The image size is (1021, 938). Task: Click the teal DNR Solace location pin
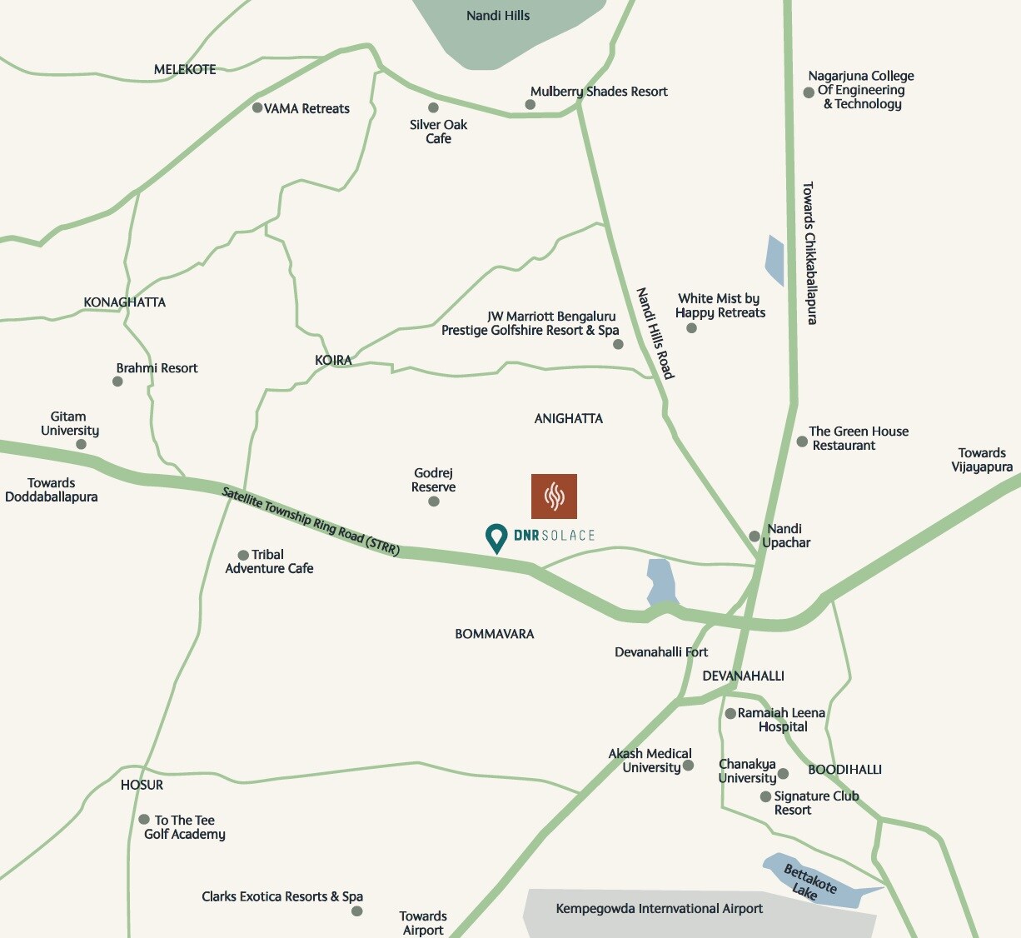click(x=496, y=536)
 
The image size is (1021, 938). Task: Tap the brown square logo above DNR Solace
click(x=554, y=496)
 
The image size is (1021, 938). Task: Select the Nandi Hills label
click(x=498, y=16)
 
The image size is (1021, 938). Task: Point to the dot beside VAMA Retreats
click(x=257, y=108)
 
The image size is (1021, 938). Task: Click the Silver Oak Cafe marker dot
click(x=433, y=107)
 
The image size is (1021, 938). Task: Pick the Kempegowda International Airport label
click(x=659, y=908)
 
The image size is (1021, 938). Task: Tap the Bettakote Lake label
click(x=809, y=881)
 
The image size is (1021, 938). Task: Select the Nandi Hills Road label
click(x=655, y=333)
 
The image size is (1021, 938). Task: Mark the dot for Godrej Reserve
click(x=434, y=501)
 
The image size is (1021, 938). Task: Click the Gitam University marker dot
click(x=81, y=444)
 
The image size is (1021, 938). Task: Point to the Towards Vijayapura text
click(x=982, y=460)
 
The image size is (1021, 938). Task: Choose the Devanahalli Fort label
click(x=661, y=651)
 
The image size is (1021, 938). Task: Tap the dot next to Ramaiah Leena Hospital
click(x=730, y=713)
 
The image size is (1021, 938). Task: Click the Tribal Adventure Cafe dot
click(x=243, y=555)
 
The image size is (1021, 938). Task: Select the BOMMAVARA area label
click(x=495, y=634)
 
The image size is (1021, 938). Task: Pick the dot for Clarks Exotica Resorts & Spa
click(x=356, y=911)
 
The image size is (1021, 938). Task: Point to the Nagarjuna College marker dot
click(x=809, y=92)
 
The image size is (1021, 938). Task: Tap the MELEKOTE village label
click(x=185, y=69)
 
